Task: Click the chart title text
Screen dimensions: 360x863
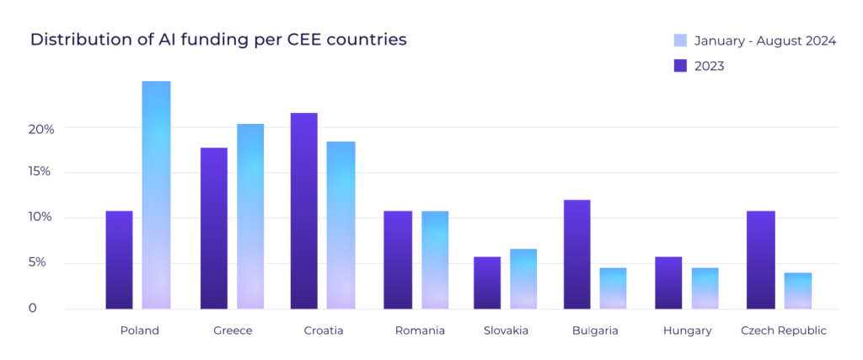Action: [x=218, y=40]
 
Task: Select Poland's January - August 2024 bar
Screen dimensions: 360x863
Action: [x=156, y=195]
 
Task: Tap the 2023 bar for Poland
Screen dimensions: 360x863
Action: [x=119, y=260]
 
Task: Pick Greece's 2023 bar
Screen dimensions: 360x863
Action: [x=214, y=228]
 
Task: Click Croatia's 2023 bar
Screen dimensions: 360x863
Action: [x=304, y=211]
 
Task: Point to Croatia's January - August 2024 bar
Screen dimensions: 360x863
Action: [x=340, y=225]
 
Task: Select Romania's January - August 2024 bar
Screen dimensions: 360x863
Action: [x=434, y=260]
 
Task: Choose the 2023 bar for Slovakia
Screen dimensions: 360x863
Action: [x=487, y=282]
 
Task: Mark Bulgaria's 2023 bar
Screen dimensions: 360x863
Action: [x=576, y=254]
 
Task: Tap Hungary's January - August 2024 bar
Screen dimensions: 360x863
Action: [x=705, y=288]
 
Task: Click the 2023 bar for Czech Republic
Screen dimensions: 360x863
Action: [x=761, y=260]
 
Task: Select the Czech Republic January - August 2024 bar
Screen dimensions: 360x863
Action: [x=797, y=291]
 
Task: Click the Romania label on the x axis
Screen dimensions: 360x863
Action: [x=420, y=330]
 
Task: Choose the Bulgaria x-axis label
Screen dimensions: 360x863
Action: [x=594, y=330]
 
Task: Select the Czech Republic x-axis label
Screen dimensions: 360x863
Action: [x=783, y=330]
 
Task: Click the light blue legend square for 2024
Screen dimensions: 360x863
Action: [x=681, y=40]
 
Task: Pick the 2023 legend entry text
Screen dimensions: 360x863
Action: [x=710, y=66]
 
